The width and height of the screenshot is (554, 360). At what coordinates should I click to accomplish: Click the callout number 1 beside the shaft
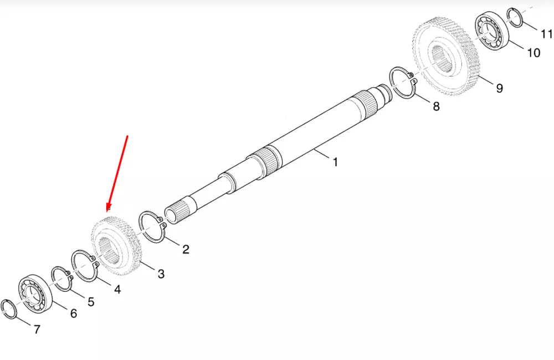click(335, 162)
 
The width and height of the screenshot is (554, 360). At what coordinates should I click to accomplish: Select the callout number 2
click(186, 249)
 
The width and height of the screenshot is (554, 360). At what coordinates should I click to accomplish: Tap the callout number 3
click(161, 274)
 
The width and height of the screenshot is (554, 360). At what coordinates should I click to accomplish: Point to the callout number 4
click(117, 289)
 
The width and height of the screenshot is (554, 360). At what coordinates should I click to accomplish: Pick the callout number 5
click(91, 302)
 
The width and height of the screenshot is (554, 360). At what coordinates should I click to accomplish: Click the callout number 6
click(74, 313)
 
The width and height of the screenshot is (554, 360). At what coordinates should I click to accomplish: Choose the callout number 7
click(37, 330)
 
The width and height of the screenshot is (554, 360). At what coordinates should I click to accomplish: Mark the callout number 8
click(437, 106)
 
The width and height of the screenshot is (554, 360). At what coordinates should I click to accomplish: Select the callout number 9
click(499, 88)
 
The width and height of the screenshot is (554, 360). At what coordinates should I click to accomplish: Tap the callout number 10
click(534, 53)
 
